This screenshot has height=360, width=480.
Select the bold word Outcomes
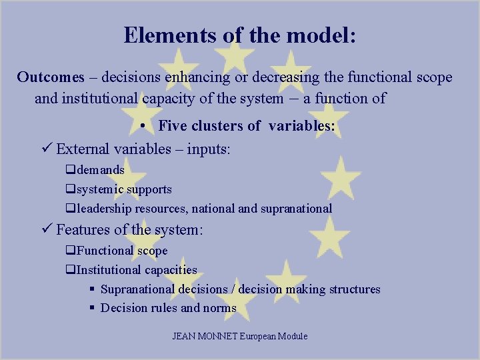coord(51,77)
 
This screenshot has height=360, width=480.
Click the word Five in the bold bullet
coord(173,125)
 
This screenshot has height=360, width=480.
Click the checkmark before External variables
coord(47,149)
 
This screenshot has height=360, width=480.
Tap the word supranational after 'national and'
coord(296,209)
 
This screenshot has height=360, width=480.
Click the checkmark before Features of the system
coord(47,230)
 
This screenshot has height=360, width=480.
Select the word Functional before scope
coord(105,251)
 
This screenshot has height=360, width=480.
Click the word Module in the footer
coord(292,336)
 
